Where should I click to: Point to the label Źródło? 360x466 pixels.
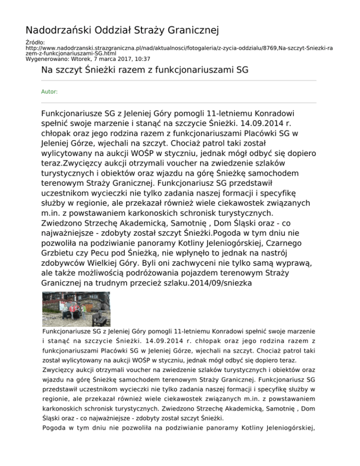pyautogui.click(x=34, y=42)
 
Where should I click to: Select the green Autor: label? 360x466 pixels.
pyautogui.click(x=49, y=92)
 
